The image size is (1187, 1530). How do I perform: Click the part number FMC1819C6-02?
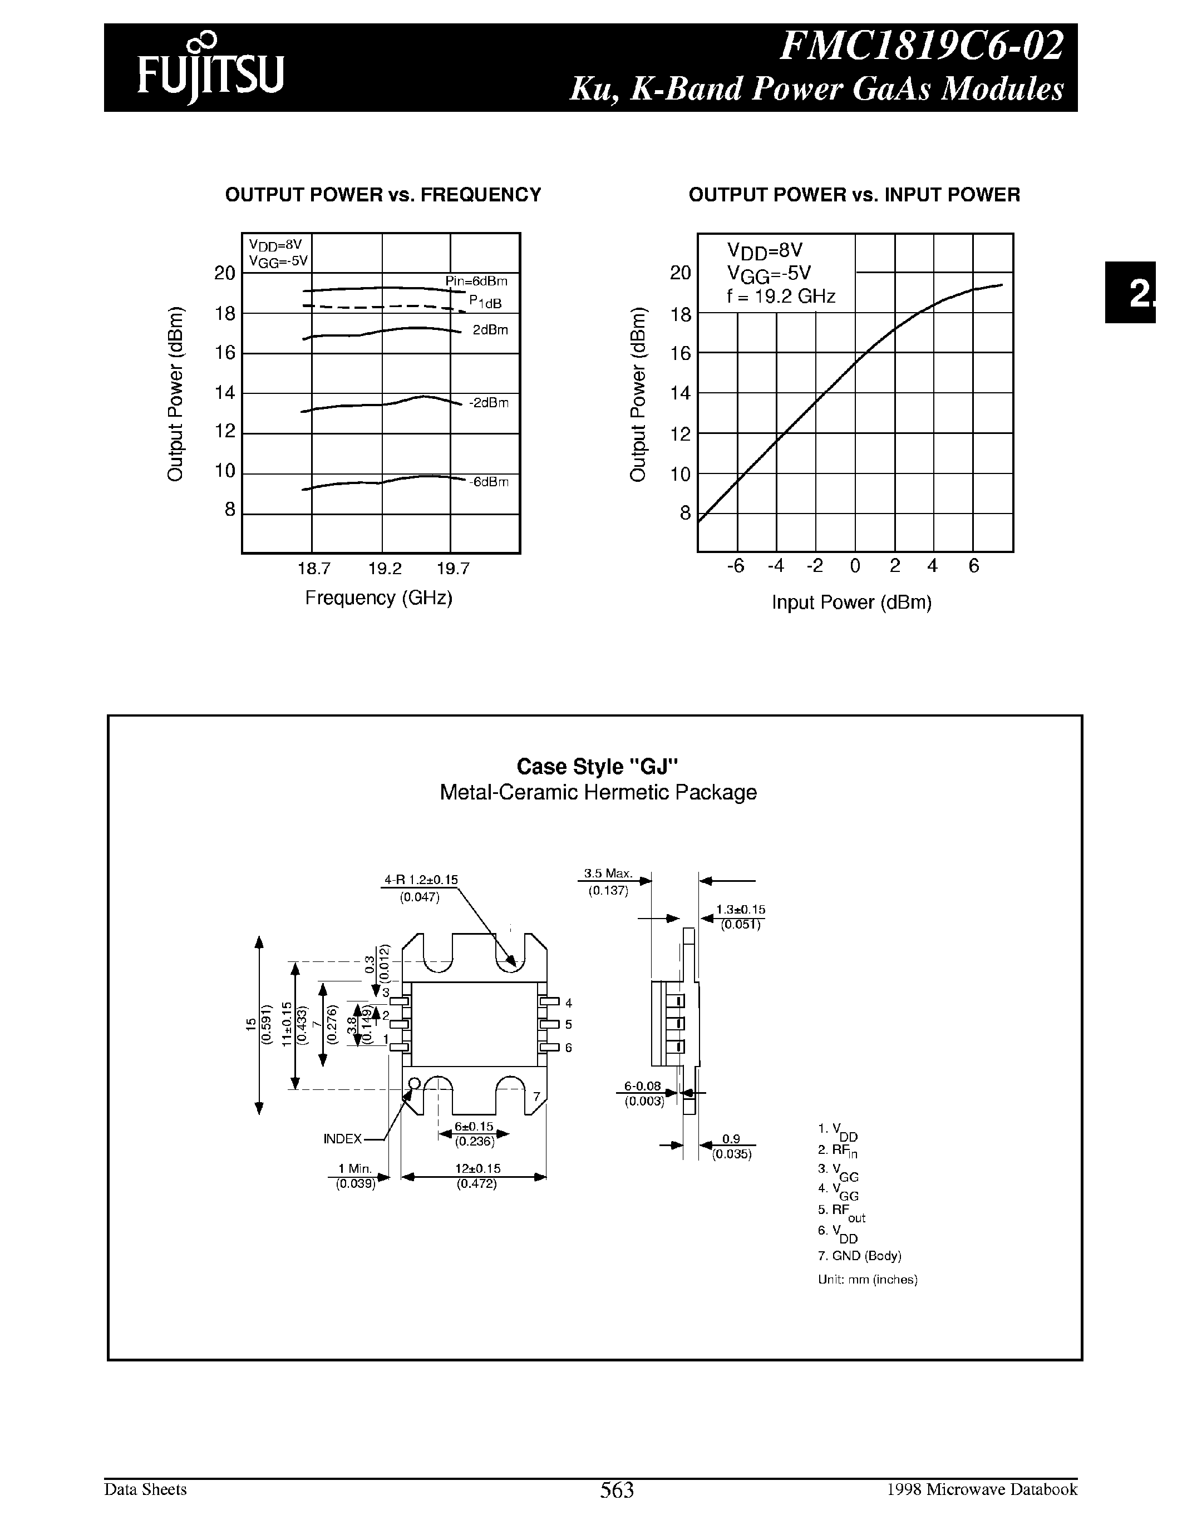[922, 47]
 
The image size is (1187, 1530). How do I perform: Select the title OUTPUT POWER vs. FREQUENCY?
[382, 195]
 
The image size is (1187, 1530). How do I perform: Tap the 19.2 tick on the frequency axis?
[385, 569]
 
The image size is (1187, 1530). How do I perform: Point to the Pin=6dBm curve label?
[476, 282]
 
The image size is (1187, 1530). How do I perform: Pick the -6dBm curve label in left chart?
[489, 482]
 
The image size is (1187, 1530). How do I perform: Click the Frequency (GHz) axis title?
[378, 598]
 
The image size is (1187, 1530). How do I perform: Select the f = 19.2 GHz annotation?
[781, 297]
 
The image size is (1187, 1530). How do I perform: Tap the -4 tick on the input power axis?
[775, 566]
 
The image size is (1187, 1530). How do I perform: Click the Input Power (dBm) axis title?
[851, 603]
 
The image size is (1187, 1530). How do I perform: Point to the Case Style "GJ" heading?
[598, 767]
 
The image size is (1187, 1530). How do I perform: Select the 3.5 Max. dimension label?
[608, 873]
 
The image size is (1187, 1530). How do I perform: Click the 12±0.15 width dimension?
[476, 1168]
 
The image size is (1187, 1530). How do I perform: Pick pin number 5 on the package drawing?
[568, 1025]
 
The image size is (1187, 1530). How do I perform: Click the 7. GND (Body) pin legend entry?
[859, 1256]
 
